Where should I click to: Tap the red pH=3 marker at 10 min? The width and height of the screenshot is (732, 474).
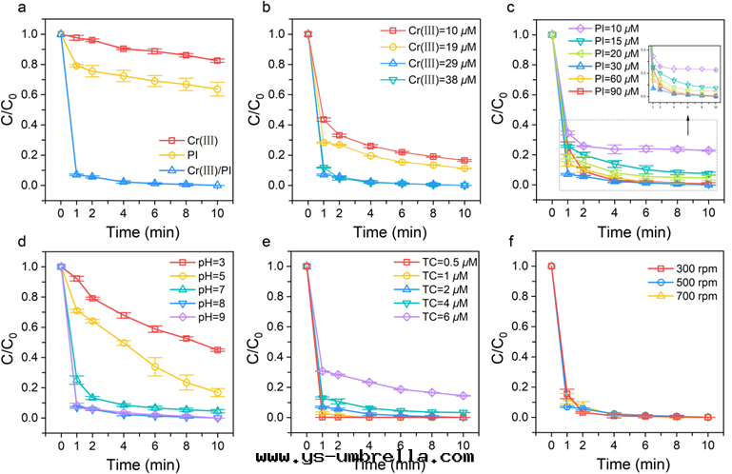(x=218, y=350)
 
